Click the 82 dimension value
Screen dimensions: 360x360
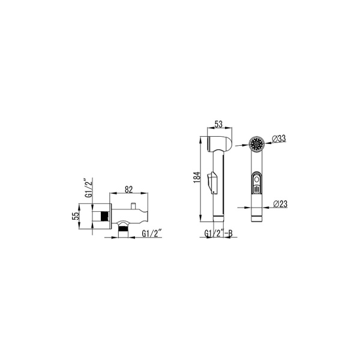(x=129, y=190)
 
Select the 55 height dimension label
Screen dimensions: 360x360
(x=76, y=216)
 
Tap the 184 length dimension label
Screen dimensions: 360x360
(x=197, y=177)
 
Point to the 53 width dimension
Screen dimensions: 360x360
(x=218, y=124)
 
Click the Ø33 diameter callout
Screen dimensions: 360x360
(x=279, y=139)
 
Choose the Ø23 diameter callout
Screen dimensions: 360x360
(x=280, y=204)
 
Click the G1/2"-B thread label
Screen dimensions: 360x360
(x=218, y=233)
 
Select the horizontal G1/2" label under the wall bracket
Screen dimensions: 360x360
(x=152, y=233)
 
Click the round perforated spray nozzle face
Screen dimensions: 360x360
(x=257, y=144)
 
